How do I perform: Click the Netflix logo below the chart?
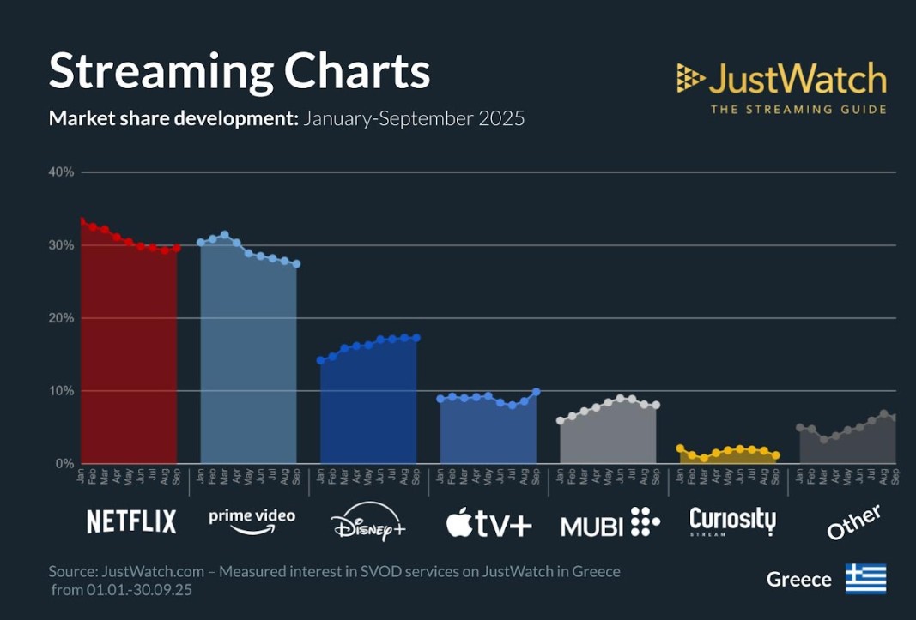coord(131,521)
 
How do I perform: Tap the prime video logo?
coord(252,519)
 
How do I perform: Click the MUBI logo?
coord(610,522)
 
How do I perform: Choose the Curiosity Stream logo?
coord(732,521)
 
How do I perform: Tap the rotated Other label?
coord(853,521)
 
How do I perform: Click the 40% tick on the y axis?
coord(61,172)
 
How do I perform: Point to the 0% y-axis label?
coord(64,464)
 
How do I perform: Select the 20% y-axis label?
coord(61,318)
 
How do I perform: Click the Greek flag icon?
coord(865,579)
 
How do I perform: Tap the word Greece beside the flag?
coord(798,580)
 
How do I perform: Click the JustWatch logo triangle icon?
coord(690,79)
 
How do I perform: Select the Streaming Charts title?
coord(240,71)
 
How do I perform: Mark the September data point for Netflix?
coord(177,248)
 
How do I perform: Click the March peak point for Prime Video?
coord(225,234)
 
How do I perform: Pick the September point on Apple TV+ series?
coord(537,392)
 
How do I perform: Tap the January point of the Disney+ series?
coord(321,360)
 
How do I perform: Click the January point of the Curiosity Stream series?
coord(680,448)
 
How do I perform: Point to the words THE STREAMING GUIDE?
coord(798,110)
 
